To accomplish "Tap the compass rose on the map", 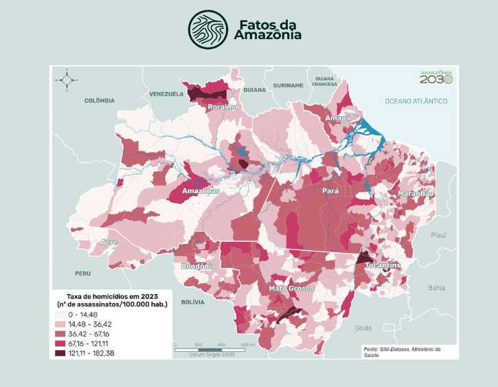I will [67, 80].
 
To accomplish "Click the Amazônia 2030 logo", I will [436, 77].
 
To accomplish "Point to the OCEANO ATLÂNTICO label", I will [416, 102].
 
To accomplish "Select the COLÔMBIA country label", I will [100, 100].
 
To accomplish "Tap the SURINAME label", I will [288, 85].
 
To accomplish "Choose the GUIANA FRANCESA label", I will [324, 81].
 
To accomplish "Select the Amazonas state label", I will [201, 191].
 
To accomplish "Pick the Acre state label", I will [109, 243].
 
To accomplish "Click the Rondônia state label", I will [199, 266].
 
